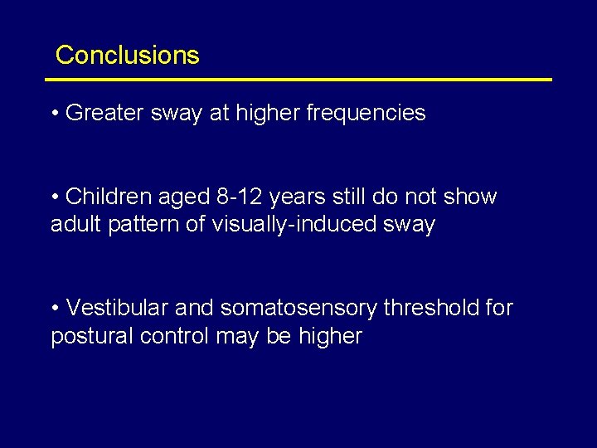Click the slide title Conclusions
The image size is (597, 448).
point(127,56)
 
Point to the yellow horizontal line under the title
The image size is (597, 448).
point(298,80)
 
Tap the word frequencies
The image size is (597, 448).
point(366,114)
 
